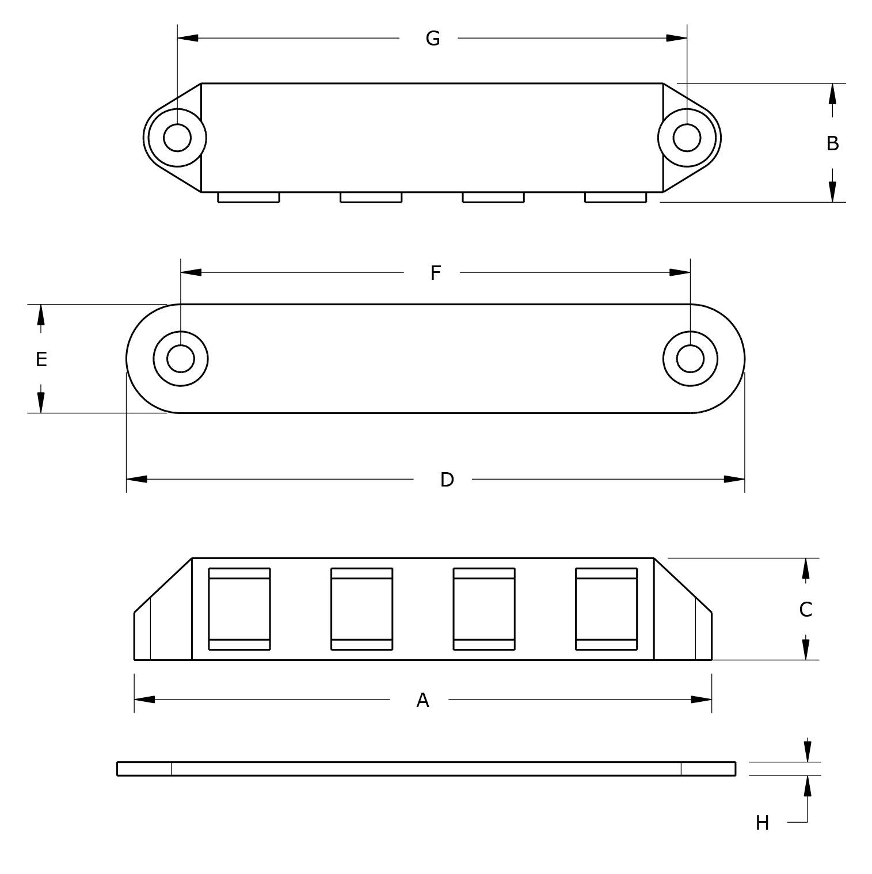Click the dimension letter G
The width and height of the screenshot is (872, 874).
coord(433,39)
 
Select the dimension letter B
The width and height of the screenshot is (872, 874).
coord(832,143)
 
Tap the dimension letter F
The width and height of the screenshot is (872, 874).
coord(436,273)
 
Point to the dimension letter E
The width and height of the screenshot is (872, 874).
coord(41,359)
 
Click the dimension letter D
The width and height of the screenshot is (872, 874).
coord(447,480)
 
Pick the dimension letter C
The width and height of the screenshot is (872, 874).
coord(805,609)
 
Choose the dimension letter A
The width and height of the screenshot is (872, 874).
coord(422,700)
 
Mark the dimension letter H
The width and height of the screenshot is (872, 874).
coord(762,823)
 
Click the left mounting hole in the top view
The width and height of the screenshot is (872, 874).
coord(177,138)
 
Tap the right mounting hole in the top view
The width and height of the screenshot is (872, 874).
coord(687,138)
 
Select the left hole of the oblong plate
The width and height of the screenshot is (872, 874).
coord(181,359)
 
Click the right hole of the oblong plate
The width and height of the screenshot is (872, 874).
coord(690,359)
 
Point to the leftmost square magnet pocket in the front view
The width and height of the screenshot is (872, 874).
coord(239,609)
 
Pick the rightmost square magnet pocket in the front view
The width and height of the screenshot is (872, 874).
coord(606,609)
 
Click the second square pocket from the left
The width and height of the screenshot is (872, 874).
coord(361,609)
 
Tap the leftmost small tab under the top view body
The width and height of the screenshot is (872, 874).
coord(249,197)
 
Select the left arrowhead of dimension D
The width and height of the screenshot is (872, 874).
coord(136,479)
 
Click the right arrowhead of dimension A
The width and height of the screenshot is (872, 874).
coord(702,700)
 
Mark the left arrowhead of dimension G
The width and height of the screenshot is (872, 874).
coord(188,38)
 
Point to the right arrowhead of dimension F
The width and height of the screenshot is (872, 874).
coord(680,272)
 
